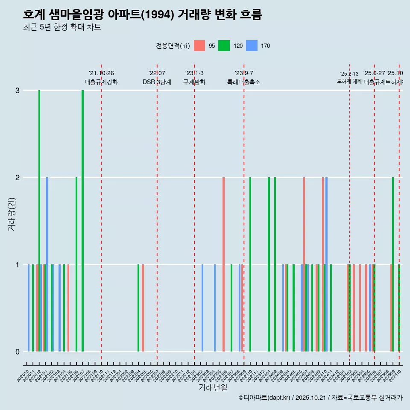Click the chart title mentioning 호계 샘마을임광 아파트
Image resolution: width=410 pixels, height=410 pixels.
[x=142, y=15]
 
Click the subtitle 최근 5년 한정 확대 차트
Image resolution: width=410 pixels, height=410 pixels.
[x=62, y=27]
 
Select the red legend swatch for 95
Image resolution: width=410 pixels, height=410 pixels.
[x=199, y=46]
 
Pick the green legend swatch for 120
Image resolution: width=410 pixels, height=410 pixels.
[x=224, y=46]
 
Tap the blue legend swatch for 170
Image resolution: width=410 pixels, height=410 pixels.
[x=252, y=46]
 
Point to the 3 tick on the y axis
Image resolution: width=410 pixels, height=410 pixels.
[x=18, y=91]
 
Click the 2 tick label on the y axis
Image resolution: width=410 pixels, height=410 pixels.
[x=18, y=178]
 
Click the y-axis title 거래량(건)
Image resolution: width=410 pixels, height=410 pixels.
[x=12, y=214]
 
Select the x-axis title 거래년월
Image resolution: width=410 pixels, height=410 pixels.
[x=213, y=387]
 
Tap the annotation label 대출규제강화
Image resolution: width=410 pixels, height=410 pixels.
[x=101, y=82]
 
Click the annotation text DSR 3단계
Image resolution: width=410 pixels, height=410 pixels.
[x=157, y=82]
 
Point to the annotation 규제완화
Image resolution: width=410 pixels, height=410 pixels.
[x=194, y=82]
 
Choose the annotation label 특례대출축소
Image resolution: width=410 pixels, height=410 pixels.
[x=243, y=82]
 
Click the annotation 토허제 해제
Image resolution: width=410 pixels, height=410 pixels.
[x=349, y=81]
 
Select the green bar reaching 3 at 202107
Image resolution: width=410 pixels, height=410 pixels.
[x=82, y=221]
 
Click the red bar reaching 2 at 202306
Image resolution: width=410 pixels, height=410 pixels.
[x=223, y=264]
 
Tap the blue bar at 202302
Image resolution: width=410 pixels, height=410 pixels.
[x=202, y=308]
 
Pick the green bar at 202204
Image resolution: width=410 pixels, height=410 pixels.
[x=138, y=308]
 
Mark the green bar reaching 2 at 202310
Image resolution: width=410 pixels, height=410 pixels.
[x=250, y=264]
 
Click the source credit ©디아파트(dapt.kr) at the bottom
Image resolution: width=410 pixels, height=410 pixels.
[x=320, y=398]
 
